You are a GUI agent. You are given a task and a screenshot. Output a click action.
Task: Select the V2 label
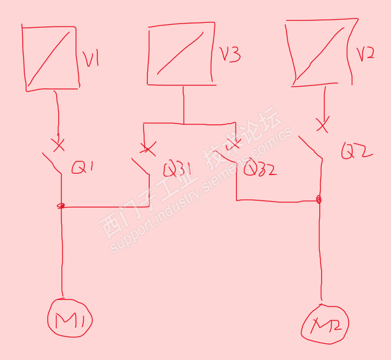tap(366, 54)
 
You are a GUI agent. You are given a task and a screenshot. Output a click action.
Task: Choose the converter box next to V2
tap(320, 52)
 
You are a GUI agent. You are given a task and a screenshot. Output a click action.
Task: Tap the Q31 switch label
tap(177, 169)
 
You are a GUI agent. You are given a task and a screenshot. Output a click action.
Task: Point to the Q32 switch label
tap(260, 168)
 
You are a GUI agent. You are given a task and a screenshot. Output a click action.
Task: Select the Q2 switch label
tap(357, 150)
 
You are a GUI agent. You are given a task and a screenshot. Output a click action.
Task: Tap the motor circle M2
tap(325, 324)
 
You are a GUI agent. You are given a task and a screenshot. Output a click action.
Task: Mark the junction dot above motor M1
tap(61, 207)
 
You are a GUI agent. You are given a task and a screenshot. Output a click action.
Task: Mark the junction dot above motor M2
tap(319, 200)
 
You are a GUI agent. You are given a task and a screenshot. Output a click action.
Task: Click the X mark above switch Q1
tap(58, 145)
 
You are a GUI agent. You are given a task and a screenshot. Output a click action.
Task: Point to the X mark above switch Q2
tap(322, 126)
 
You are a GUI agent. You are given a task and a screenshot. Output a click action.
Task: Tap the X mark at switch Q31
tap(147, 149)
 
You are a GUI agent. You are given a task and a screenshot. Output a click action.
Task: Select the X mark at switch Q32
tap(234, 145)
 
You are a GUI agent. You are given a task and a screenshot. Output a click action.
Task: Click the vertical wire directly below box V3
tap(183, 104)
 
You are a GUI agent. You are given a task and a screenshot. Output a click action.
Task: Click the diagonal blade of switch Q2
tap(311, 147)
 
